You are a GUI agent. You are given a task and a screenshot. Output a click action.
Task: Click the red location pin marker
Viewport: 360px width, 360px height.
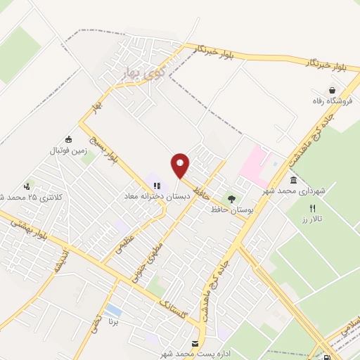tap(180, 165)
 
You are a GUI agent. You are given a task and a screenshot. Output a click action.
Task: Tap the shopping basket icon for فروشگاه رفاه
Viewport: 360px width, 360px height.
tap(332, 90)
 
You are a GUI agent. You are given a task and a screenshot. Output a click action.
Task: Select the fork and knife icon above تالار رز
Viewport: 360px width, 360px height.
tap(313, 208)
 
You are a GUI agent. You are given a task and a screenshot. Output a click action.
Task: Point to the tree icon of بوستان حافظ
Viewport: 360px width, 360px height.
tap(231, 199)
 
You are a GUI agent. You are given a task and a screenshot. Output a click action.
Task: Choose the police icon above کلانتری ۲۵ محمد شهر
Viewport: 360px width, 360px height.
tap(27, 186)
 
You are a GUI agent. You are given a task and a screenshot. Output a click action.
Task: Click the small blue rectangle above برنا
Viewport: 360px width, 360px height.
tap(112, 310)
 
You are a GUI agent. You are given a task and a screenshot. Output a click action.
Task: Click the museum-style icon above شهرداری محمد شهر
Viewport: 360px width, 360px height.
tap(293, 180)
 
